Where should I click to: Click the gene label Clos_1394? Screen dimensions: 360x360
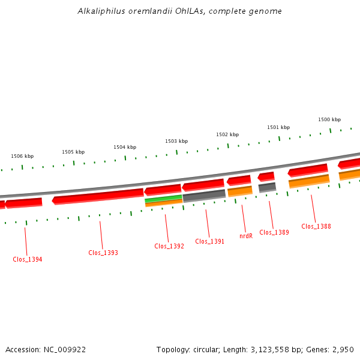[x=28, y=259]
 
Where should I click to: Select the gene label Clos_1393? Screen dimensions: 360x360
[x=103, y=253]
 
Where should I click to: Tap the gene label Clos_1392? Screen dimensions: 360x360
[x=169, y=246]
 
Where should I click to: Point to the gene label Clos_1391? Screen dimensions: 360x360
[x=210, y=241]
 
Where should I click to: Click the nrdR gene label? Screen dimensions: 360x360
[x=246, y=236]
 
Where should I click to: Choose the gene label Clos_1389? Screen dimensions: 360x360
[x=274, y=232]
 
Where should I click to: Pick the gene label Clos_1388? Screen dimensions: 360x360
[x=316, y=226]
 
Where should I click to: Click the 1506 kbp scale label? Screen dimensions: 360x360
[x=22, y=156]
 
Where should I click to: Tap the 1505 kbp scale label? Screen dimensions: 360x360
[x=73, y=152]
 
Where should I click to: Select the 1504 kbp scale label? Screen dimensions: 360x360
[x=125, y=147]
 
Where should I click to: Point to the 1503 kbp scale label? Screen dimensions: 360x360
[x=176, y=141]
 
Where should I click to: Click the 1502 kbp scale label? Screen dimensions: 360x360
[x=227, y=134]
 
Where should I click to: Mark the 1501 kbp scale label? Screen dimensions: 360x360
[x=278, y=127]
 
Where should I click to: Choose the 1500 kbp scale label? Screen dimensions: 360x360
[x=329, y=119]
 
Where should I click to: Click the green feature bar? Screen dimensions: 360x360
[x=164, y=198]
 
